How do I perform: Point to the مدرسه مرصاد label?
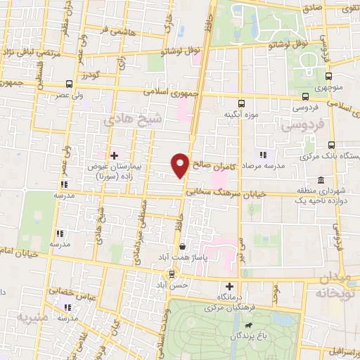coord(264,165)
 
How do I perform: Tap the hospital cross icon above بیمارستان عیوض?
coord(114,154)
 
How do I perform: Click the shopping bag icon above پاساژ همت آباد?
coord(183,247)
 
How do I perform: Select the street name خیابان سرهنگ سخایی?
coord(223,190)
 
